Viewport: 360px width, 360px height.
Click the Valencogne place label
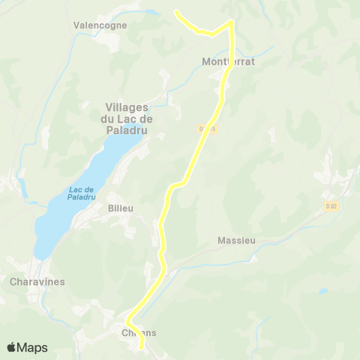100,25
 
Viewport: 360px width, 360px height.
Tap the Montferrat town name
229,62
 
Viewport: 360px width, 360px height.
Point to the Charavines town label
38,282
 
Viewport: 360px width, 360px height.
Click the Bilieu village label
120,208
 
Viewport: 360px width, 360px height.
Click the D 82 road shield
332,205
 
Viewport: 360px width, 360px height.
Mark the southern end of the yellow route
142,346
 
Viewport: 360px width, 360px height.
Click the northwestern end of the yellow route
175,12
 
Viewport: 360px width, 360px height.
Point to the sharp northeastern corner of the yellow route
231,22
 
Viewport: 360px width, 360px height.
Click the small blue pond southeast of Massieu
322,291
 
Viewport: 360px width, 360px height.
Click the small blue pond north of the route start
153,12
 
